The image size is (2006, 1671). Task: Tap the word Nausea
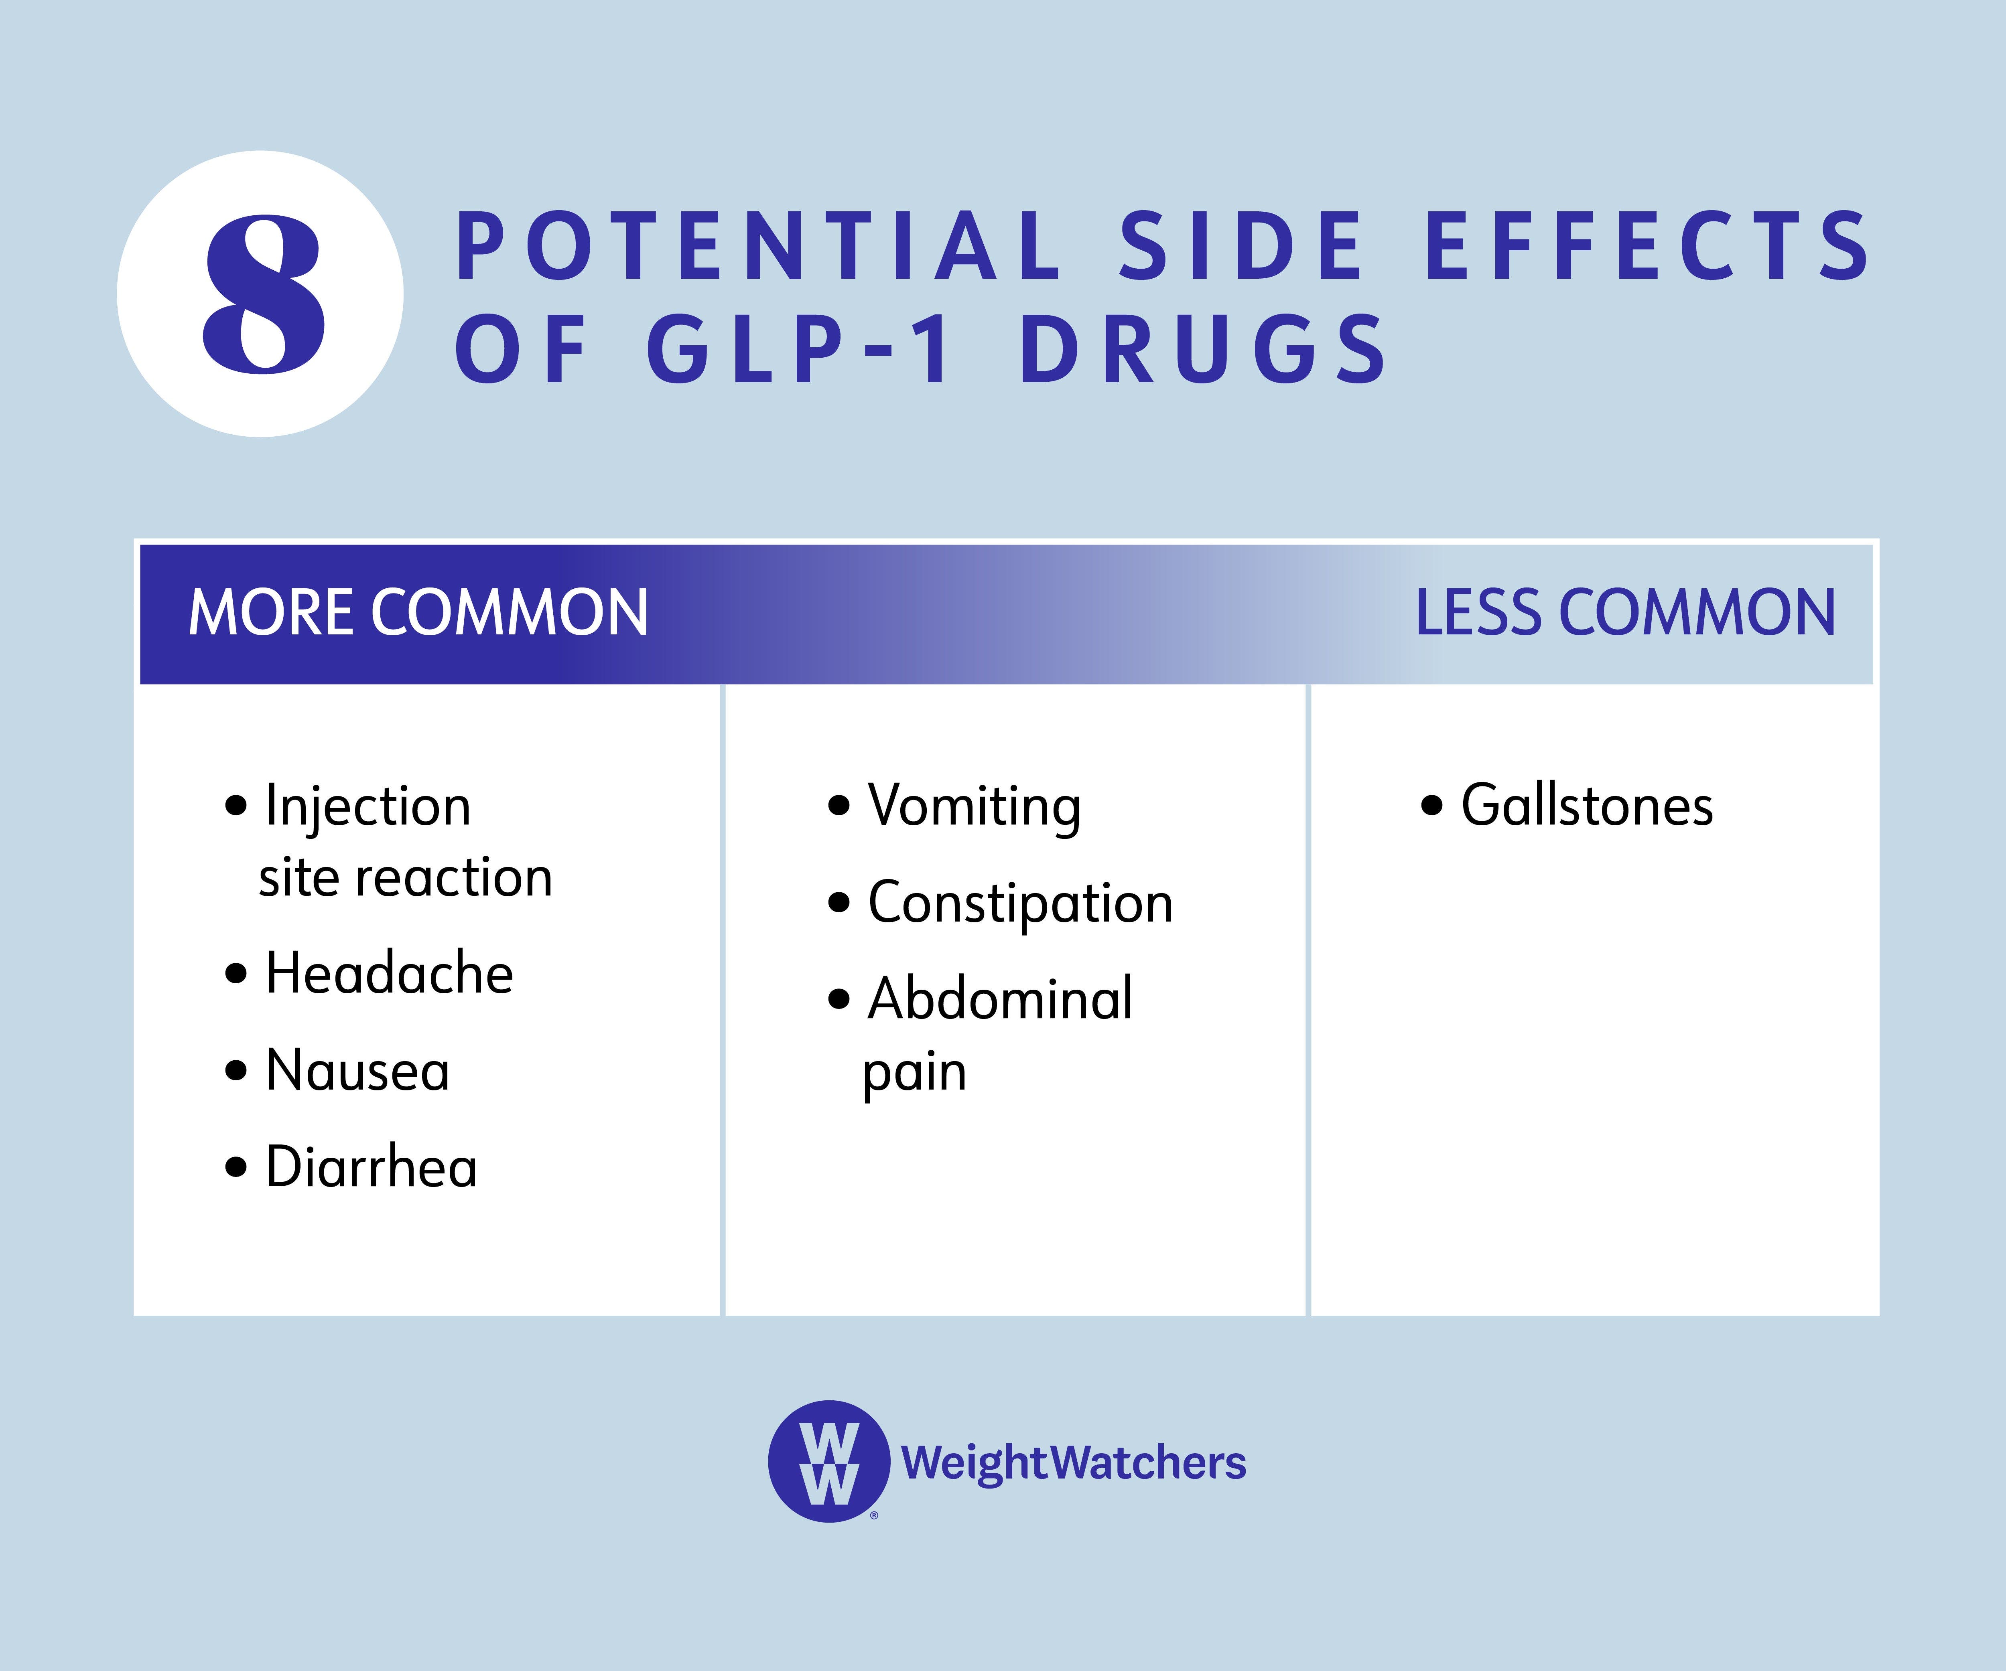(357, 1070)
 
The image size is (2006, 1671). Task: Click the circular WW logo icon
(828, 1461)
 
